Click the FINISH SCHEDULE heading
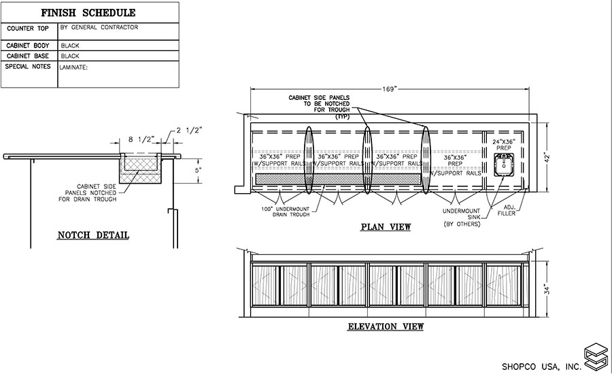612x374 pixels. click(x=88, y=13)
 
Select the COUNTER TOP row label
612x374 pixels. click(x=27, y=30)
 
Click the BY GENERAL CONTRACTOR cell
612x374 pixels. click(x=99, y=28)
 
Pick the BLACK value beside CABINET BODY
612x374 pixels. click(x=71, y=46)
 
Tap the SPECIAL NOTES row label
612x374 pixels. click(x=28, y=67)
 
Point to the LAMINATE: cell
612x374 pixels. click(x=75, y=67)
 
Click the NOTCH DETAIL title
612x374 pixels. click(x=93, y=236)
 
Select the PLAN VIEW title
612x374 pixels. click(x=386, y=227)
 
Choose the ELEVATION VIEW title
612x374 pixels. click(x=386, y=327)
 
